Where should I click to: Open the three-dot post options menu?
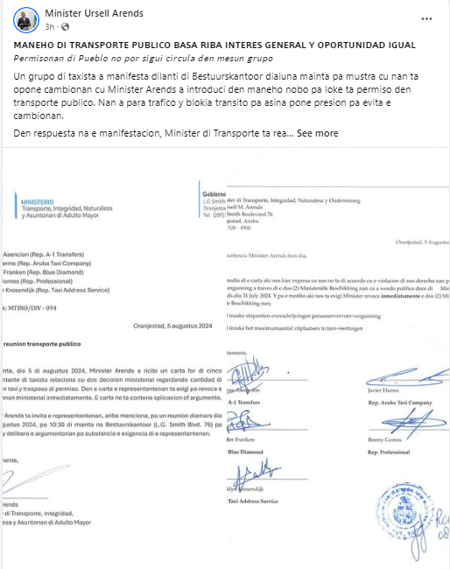402,18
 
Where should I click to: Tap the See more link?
317,133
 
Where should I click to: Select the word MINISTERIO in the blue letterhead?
36,201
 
